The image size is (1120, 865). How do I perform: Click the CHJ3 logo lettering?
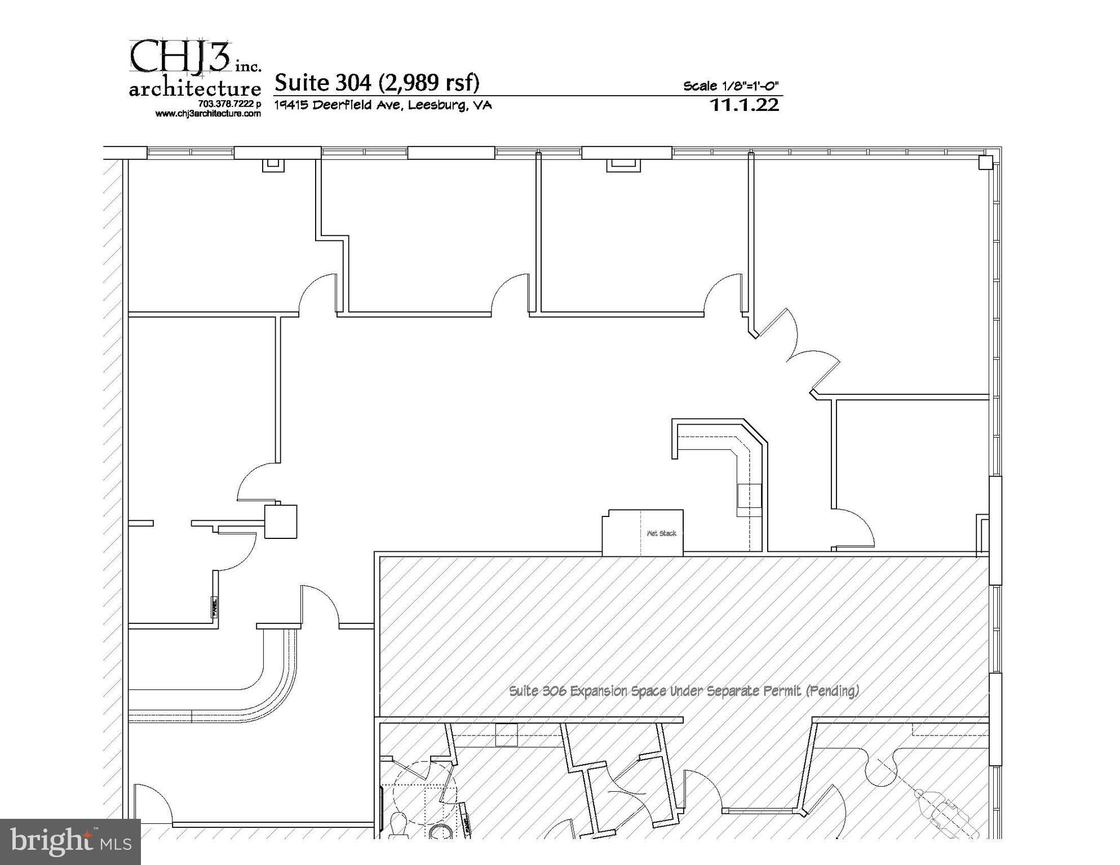[x=180, y=56]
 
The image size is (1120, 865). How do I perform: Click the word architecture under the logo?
[x=195, y=89]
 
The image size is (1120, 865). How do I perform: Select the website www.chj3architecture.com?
[x=208, y=114]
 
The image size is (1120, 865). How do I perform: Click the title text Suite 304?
[x=323, y=83]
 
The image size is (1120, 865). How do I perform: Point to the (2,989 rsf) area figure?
[x=428, y=83]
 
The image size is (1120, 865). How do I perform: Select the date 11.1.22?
[x=745, y=105]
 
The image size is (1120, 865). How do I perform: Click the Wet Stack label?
[x=661, y=533]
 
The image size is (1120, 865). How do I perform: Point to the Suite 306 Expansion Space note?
[x=684, y=691]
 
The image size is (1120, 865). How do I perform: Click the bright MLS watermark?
[x=70, y=841]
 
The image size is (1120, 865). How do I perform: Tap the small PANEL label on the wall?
[x=214, y=608]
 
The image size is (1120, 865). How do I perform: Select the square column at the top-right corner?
[x=985, y=163]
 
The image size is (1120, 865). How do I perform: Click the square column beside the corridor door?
[x=281, y=521]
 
